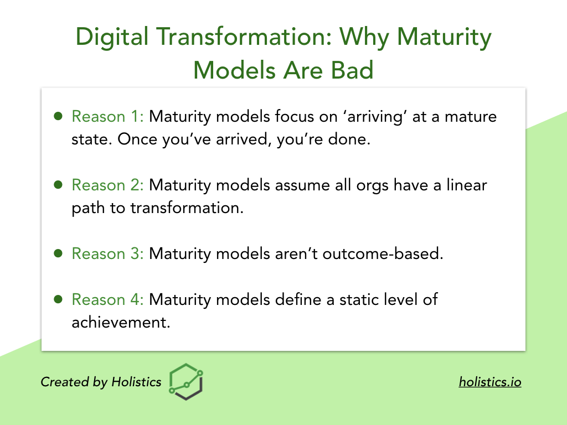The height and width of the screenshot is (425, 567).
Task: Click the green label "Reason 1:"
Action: pyautogui.click(x=108, y=116)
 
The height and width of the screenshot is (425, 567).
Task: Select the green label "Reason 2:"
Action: pyautogui.click(x=108, y=185)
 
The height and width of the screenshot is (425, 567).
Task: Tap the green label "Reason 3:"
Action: pyautogui.click(x=108, y=253)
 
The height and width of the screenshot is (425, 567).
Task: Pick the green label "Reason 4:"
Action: pyautogui.click(x=108, y=299)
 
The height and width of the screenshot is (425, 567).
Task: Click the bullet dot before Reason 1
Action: pyautogui.click(x=58, y=116)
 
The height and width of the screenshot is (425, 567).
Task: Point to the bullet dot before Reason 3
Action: pyautogui.click(x=58, y=253)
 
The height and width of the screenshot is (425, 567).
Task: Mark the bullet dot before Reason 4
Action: pyautogui.click(x=58, y=299)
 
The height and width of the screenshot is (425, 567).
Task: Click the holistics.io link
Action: pyautogui.click(x=490, y=382)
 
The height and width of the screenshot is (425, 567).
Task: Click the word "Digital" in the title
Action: pyautogui.click(x=112, y=38)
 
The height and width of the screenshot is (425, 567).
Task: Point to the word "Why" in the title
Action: pyautogui.click(x=364, y=38)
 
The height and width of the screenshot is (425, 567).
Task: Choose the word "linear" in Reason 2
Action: pyautogui.click(x=466, y=185)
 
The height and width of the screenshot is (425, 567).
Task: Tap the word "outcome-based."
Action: pyautogui.click(x=383, y=253)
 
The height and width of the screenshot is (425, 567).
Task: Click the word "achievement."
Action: pyautogui.click(x=121, y=323)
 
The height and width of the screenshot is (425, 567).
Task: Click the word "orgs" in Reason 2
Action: pyautogui.click(x=373, y=186)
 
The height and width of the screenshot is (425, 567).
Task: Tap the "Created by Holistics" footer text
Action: pyautogui.click(x=101, y=382)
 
